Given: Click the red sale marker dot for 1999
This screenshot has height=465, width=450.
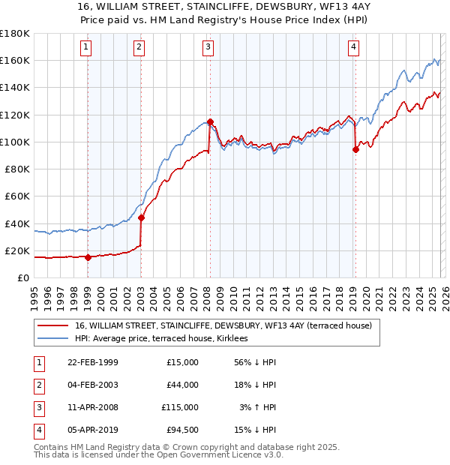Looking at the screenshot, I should pyautogui.click(x=88, y=257).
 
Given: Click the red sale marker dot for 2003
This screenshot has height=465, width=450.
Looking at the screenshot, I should pyautogui.click(x=141, y=218).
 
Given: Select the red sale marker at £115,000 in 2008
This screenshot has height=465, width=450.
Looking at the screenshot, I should pyautogui.click(x=210, y=121).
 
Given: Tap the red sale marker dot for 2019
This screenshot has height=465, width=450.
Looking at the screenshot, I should pyautogui.click(x=355, y=149).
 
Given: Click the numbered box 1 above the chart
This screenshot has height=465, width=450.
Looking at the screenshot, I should pyautogui.click(x=86, y=47).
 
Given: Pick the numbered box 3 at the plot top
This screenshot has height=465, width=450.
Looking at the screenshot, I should pyautogui.click(x=208, y=47).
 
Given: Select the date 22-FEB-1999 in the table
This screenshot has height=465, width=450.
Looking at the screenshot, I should pyautogui.click(x=92, y=362).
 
